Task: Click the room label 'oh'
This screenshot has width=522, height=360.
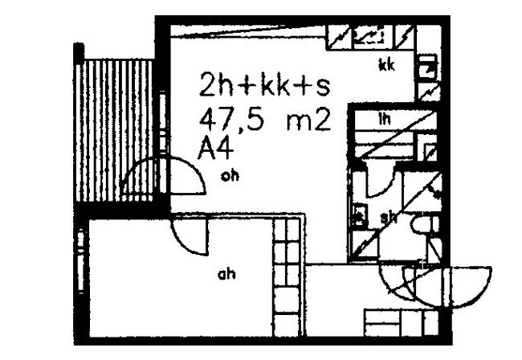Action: tap(230, 177)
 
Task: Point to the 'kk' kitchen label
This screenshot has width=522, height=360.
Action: tap(386, 66)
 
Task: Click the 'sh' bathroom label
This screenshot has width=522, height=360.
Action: tap(389, 216)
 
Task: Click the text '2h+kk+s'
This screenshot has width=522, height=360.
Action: tap(264, 84)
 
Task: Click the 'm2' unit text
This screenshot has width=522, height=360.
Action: tap(308, 122)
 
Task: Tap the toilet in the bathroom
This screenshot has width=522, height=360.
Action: tap(422, 224)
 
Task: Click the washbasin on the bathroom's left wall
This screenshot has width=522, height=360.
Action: tap(359, 215)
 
